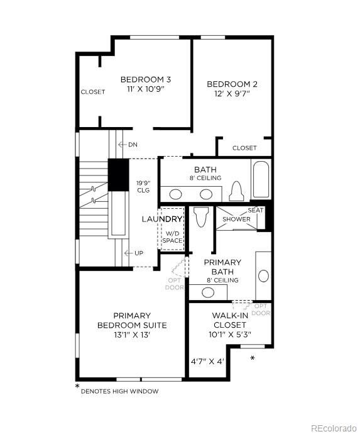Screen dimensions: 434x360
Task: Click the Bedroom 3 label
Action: [146, 80]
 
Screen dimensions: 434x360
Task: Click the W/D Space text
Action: [172, 236]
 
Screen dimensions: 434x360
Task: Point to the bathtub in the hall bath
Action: [261, 180]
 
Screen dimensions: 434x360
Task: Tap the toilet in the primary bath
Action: [201, 216]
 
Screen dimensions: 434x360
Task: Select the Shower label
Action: [237, 220]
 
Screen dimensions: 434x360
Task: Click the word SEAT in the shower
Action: [255, 210]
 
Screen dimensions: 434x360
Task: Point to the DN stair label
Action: [133, 145]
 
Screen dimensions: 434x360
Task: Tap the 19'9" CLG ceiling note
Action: [143, 187]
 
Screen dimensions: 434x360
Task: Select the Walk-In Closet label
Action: [229, 320]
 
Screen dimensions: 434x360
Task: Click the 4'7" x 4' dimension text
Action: [207, 362]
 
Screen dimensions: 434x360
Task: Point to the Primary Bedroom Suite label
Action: [132, 320]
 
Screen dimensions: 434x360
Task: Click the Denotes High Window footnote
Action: [119, 391]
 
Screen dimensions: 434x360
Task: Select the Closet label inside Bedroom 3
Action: [93, 92]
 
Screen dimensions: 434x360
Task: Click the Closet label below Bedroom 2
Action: [244, 148]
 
